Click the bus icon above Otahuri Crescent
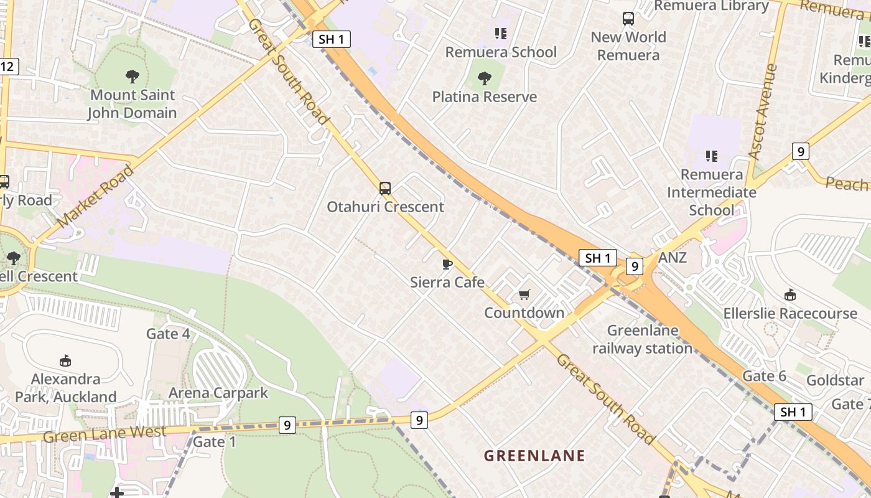385,188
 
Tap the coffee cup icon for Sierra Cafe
447,264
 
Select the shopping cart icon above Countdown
524,294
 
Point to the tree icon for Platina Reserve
485,78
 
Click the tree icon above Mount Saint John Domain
132,77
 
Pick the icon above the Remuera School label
501,33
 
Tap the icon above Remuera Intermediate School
712,156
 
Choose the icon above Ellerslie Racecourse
790,294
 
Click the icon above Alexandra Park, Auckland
65,360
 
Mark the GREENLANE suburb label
535,456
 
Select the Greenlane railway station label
643,339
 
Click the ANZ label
673,257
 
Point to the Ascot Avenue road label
763,111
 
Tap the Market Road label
95,195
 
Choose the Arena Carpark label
218,393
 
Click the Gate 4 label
168,334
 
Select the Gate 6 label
765,375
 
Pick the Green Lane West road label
105,433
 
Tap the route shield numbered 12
8,66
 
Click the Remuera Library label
712,6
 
